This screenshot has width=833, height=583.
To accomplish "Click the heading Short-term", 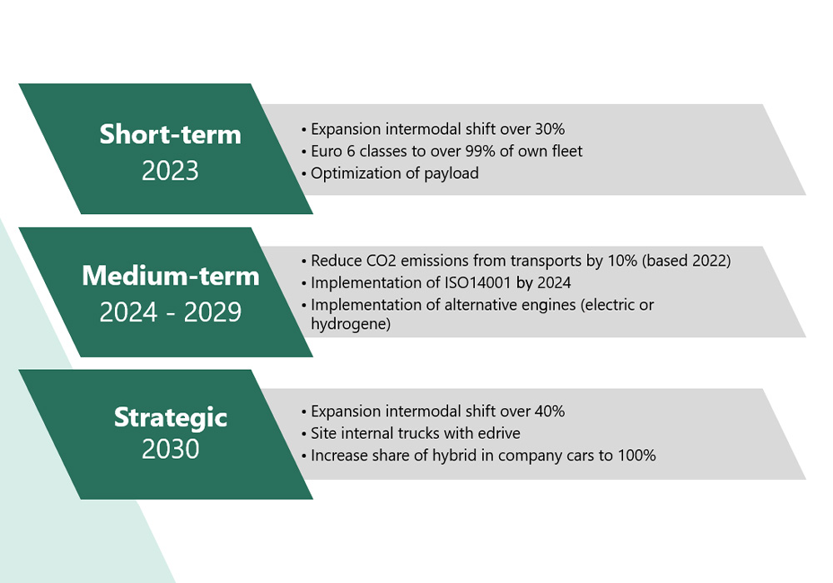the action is click(x=170, y=134).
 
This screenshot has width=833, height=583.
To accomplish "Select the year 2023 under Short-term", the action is click(x=170, y=171).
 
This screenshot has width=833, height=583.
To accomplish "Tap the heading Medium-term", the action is click(x=171, y=276).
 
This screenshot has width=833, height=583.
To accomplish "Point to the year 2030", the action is click(x=170, y=449).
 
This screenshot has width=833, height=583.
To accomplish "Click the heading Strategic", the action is click(x=171, y=417).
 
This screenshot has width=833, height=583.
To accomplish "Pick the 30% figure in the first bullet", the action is click(x=550, y=129).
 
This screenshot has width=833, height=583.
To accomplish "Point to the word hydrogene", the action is click(x=351, y=324).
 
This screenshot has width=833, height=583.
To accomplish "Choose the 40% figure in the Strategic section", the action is click(x=550, y=411).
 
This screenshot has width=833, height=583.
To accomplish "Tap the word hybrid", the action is click(x=454, y=456).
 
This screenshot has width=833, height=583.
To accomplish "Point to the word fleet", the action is click(x=566, y=152).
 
